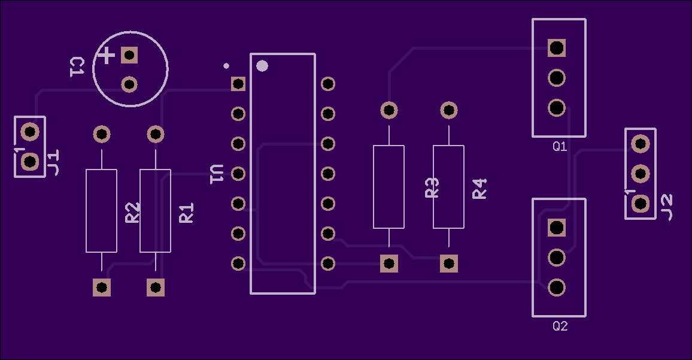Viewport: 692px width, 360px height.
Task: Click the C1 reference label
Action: (x=77, y=66)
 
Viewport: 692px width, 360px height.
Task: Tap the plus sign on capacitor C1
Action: (x=106, y=56)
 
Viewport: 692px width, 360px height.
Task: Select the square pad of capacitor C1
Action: (x=129, y=55)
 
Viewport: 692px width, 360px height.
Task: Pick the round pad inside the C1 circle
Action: (x=129, y=84)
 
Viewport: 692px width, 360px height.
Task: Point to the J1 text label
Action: (x=53, y=163)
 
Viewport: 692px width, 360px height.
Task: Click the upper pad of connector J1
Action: (x=30, y=132)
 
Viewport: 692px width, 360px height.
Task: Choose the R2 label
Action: (x=132, y=213)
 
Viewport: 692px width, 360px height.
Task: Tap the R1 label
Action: (x=186, y=213)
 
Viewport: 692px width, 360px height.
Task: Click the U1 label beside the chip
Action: (x=217, y=174)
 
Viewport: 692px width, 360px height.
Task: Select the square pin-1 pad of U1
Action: (x=238, y=83)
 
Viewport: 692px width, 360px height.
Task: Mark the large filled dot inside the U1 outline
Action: (x=262, y=66)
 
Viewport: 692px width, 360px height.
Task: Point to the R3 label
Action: (x=432, y=187)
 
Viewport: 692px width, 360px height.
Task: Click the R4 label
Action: (x=479, y=189)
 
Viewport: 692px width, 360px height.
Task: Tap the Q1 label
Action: (x=560, y=146)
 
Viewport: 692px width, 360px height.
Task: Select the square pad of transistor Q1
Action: (x=557, y=48)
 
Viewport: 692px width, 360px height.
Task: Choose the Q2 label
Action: (x=560, y=326)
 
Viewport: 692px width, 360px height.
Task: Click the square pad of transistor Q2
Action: (x=557, y=228)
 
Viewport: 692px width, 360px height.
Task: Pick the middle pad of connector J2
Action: (x=641, y=174)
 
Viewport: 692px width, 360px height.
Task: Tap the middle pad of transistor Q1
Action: (x=557, y=78)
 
